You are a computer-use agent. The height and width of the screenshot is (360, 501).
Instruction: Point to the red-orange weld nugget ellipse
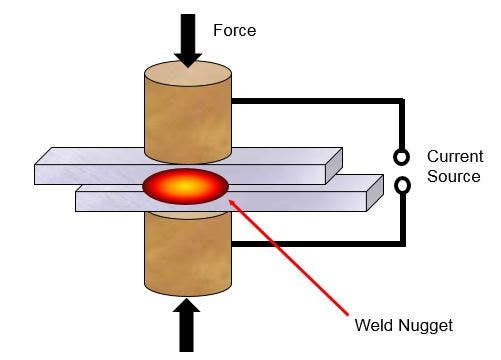186,187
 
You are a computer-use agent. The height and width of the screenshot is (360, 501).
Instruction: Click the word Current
454,157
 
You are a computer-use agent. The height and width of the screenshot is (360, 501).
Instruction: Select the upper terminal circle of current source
402,157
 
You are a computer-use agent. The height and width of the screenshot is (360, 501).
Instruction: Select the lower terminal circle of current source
402,184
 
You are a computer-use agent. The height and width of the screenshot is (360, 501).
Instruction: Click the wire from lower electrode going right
320,243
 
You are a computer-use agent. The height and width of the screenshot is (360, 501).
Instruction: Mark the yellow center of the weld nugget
186,187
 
